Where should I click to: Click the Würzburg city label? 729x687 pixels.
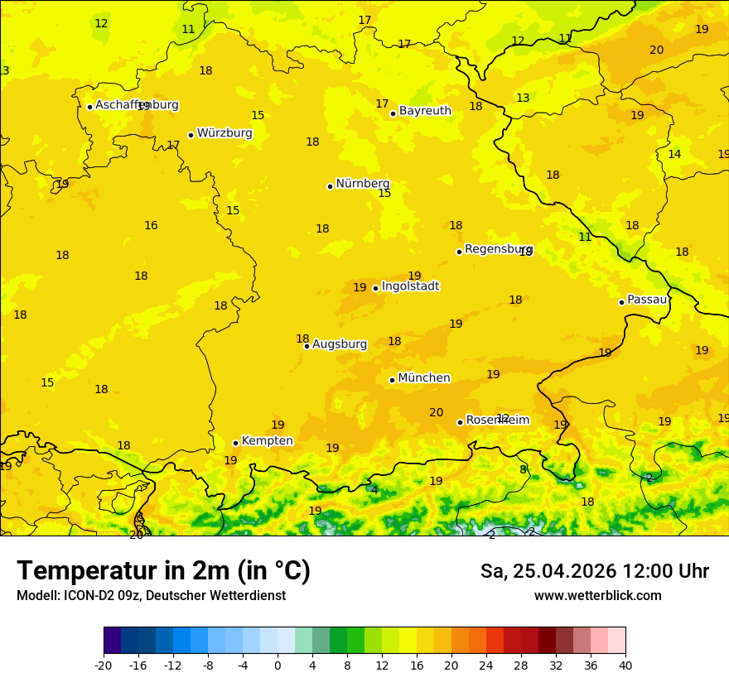(x=224, y=133)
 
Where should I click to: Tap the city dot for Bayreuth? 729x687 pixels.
(x=393, y=113)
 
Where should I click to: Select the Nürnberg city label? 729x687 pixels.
(x=362, y=184)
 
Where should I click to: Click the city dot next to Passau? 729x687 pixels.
(x=621, y=302)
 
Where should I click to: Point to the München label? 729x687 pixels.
(x=424, y=378)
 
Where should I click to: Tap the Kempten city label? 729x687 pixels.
(x=267, y=441)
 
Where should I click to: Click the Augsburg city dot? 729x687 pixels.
(x=307, y=346)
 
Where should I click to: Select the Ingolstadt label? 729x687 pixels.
(x=410, y=286)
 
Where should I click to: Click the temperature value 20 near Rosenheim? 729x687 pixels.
(x=436, y=412)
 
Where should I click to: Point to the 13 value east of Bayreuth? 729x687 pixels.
(x=523, y=98)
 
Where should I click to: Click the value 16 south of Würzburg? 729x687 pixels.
(x=151, y=225)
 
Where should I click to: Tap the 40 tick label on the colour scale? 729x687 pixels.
(x=625, y=665)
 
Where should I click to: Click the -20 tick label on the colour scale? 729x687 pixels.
(x=104, y=665)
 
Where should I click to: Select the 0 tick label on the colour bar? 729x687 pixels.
(x=278, y=665)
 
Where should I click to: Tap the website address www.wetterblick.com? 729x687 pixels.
(x=597, y=596)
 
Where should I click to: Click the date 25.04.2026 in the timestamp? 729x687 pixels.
(x=564, y=571)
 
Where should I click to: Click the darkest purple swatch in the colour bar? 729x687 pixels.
(x=112, y=641)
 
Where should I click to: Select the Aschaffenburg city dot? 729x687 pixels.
(x=89, y=107)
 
